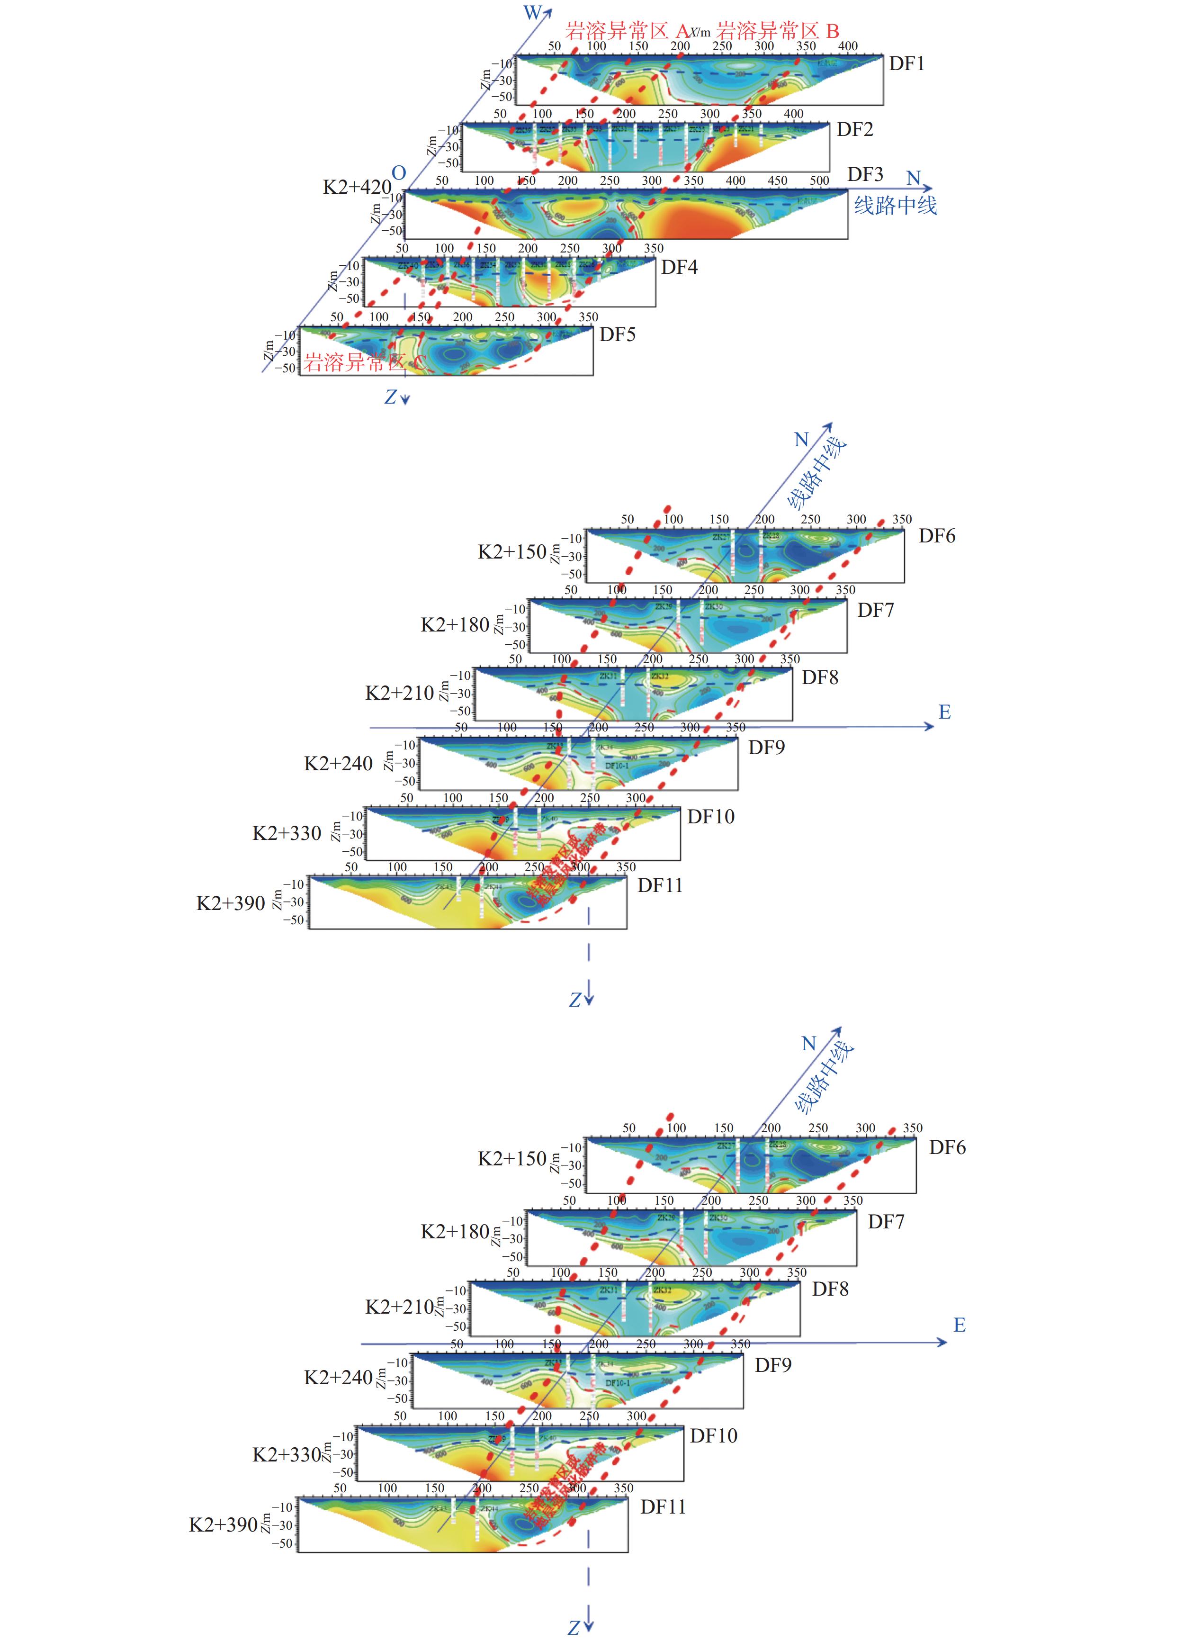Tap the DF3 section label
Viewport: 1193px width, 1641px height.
(865, 174)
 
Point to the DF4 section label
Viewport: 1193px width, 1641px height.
(679, 267)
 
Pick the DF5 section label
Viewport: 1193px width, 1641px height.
(617, 334)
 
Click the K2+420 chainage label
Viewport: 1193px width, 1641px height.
(357, 188)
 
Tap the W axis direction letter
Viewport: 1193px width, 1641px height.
(532, 12)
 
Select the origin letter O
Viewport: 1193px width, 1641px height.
(399, 173)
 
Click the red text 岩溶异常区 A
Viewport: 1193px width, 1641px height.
(627, 31)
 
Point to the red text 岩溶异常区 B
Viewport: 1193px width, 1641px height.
(777, 31)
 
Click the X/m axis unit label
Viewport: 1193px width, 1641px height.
(700, 32)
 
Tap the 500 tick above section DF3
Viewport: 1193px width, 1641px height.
(819, 180)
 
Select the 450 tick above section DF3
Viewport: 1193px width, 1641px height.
(778, 180)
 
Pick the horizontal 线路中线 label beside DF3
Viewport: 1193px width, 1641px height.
(895, 206)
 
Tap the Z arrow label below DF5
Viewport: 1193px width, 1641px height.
(391, 397)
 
